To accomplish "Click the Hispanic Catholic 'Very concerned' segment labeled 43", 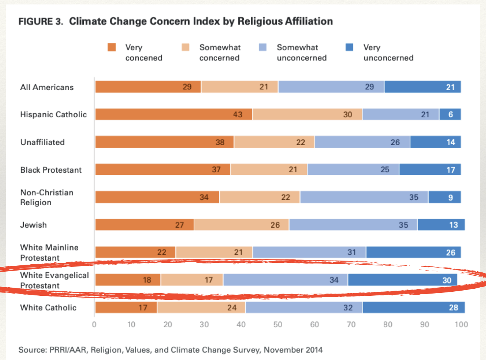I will (174, 114).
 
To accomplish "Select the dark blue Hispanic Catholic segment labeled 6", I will (450, 114).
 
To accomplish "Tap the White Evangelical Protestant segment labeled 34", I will (285, 280).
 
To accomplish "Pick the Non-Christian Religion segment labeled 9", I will (444, 197).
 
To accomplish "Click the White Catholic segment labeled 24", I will (201, 307).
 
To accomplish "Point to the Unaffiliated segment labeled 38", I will (164, 142).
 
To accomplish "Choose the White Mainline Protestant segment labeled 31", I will (309, 252).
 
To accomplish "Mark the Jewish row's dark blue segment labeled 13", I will (441, 225).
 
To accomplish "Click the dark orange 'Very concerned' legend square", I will (112, 47).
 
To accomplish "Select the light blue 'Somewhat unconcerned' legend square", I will (263, 47).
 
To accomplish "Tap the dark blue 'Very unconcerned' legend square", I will (349, 47).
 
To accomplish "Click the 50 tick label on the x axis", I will (278, 324).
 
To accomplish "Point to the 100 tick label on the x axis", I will (461, 324).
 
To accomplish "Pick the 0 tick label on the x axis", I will (94, 324).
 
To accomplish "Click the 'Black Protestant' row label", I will (51, 170).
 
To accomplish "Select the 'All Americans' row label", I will (47, 87).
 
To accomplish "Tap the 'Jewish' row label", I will (33, 225).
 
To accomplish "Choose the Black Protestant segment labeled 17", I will (430, 170).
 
